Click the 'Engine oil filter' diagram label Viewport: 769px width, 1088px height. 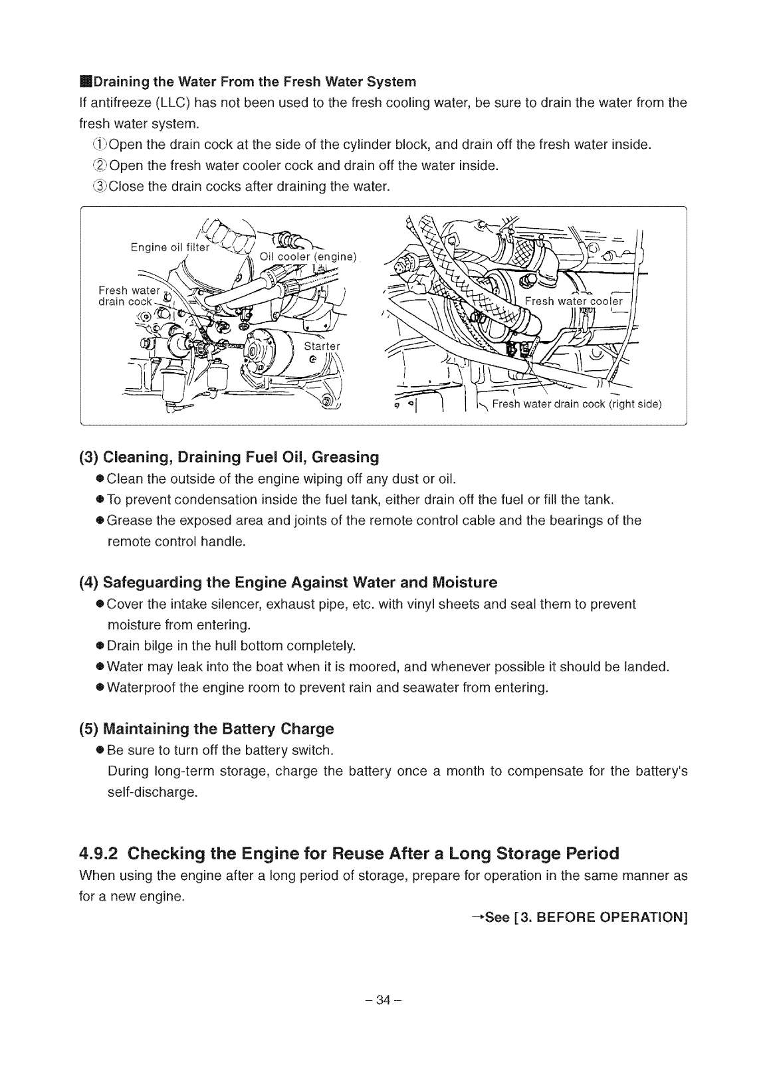pyautogui.click(x=169, y=248)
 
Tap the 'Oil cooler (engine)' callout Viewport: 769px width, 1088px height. pyautogui.click(x=308, y=257)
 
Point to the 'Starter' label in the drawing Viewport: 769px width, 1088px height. pyautogui.click(x=322, y=346)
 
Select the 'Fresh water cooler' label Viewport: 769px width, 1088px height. pyautogui.click(x=573, y=301)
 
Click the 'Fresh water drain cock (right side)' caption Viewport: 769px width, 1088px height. pyautogui.click(x=577, y=404)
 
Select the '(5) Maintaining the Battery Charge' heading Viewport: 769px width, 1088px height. pyautogui.click(x=206, y=728)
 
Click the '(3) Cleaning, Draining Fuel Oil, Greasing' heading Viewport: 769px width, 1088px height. pyautogui.click(x=229, y=457)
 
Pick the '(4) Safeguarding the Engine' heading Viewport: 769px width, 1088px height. pyautogui.click(x=288, y=582)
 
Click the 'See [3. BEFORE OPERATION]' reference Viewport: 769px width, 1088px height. pyautogui.click(x=578, y=918)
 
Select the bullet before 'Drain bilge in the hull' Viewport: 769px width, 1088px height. pyautogui.click(x=100, y=645)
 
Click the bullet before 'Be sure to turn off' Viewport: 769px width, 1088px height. pyautogui.click(x=100, y=750)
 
